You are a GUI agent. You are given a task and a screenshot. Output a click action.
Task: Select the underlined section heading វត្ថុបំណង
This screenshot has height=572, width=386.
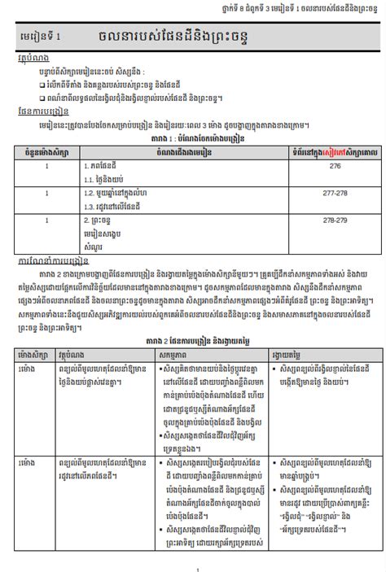[31, 59]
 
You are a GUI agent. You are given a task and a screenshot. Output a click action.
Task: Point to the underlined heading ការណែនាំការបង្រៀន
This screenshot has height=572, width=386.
[51, 263]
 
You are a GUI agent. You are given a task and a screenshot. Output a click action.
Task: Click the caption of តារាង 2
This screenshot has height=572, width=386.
[192, 341]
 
